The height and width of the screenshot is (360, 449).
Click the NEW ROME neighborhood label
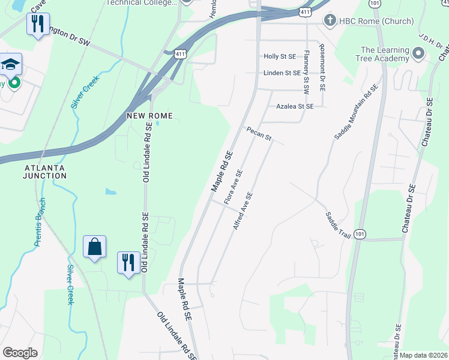tap(149, 115)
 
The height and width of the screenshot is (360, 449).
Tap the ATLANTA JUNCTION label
tap(45, 171)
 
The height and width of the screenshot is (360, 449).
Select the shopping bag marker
tap(95, 247)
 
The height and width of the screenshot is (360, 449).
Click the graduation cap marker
tap(10, 64)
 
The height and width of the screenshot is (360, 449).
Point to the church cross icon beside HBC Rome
tap(329, 21)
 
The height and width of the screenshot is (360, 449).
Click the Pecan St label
tap(259, 134)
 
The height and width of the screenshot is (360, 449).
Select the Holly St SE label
tap(280, 56)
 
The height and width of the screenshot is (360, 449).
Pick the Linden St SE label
tap(282, 73)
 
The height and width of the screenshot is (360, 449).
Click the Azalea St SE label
tap(295, 106)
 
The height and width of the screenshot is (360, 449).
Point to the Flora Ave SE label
tap(233, 187)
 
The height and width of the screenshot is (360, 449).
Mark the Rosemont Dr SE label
tap(322, 67)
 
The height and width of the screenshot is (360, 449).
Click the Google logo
tap(19, 352)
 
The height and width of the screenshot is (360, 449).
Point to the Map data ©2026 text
tap(423, 355)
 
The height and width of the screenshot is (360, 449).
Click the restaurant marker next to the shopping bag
tap(128, 262)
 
